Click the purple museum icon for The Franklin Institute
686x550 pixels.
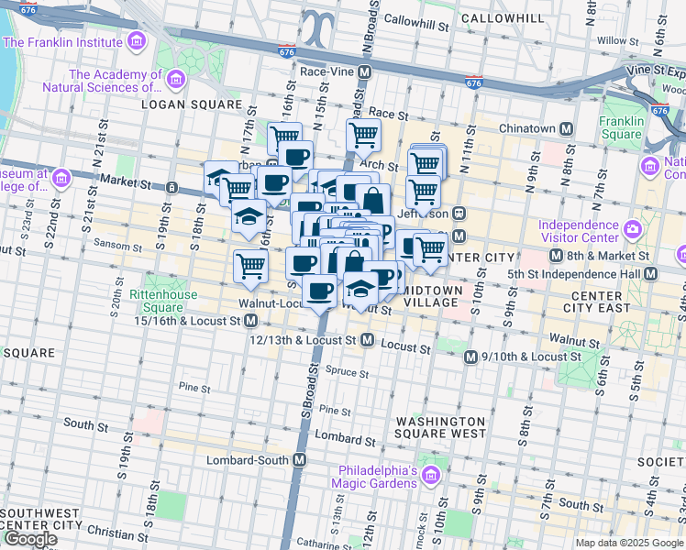tap(137, 41)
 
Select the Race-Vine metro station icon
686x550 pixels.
tap(365, 71)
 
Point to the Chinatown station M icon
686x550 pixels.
tap(567, 129)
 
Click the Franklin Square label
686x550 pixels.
tap(622, 127)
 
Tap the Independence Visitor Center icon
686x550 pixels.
tap(632, 228)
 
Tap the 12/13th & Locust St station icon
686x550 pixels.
tap(366, 340)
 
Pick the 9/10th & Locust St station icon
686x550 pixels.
tap(470, 357)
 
